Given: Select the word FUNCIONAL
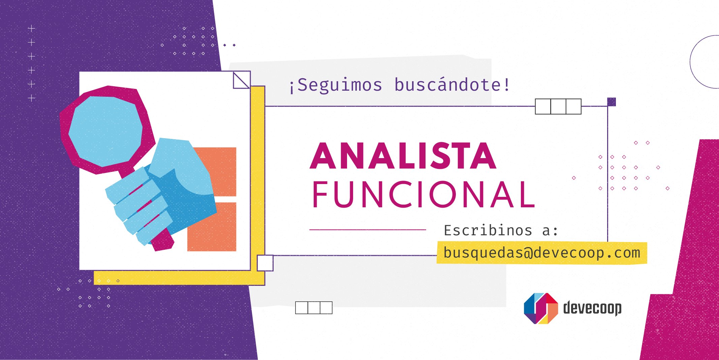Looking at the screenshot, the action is (424, 194).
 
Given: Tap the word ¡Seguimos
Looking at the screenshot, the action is (336, 85).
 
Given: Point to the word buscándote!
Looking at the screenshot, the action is (452, 84).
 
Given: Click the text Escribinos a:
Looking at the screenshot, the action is (501, 231).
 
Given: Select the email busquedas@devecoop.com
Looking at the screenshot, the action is (542, 253).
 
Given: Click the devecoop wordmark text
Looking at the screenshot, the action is (592, 308).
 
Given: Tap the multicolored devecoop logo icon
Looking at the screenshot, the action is (541, 308).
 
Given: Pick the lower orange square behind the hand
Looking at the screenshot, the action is (212, 227).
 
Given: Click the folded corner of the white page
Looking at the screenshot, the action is (242, 80).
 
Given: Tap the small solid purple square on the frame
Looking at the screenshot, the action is (612, 102).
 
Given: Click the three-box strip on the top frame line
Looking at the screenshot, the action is (558, 107).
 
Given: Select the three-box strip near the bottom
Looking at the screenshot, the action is (314, 308).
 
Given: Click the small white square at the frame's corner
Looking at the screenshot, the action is (265, 263).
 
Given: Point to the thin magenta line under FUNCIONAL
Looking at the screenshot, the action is (368, 230).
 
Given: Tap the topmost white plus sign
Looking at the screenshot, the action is (31, 29).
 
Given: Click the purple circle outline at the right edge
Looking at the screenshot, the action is (690, 62).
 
